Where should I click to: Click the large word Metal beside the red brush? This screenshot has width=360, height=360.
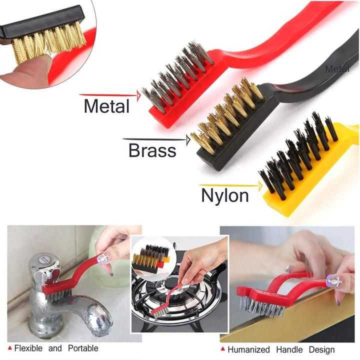coord(106,106)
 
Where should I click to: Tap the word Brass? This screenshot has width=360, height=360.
coord(152,150)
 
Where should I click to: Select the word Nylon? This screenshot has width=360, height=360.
coord(225,195)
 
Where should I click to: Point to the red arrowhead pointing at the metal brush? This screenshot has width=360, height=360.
coord(138,95)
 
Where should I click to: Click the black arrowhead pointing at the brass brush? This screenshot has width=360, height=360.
coord(188,140)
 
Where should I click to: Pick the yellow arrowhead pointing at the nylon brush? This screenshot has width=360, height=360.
coord(260,186)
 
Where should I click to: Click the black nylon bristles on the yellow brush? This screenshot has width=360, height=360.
coord(298,154)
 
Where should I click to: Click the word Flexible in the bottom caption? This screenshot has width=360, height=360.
coord(28,348)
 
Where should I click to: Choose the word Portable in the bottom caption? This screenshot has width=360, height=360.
coord(83,348)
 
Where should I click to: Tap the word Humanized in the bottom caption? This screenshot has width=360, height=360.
coord(248,349)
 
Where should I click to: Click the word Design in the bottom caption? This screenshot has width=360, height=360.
coord(321,350)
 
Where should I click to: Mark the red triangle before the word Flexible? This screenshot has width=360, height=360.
coord(10,348)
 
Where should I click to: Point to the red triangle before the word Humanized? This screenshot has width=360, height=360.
coord(222,349)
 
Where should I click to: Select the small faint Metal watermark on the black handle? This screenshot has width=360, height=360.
coord(337,68)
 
